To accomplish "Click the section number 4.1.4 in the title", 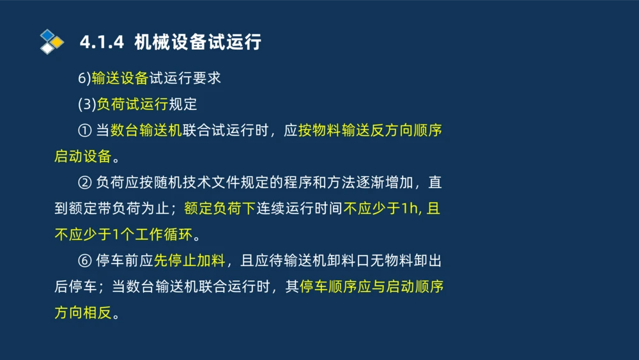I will tap(100, 43).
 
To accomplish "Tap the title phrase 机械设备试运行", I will tap(198, 43).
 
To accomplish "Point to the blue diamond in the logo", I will tap(47, 34).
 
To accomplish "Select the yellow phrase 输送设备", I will tap(120, 78).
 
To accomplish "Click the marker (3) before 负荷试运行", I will tap(86, 104).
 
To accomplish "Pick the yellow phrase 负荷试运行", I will tap(132, 104).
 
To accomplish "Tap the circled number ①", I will tap(84, 130).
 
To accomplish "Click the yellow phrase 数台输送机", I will tap(146, 130).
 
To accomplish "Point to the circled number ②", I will tap(84, 183).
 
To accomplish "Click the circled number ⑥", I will tap(84, 262).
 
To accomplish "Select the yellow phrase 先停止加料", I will tap(190, 262).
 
